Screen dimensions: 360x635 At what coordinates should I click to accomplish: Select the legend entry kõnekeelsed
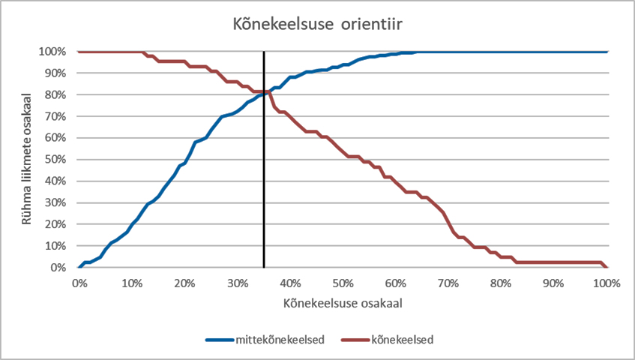401,340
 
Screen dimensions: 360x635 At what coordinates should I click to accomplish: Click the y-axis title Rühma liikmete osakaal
27,159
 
